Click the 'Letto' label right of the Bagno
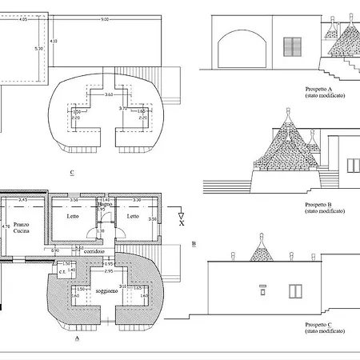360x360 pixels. (x=133, y=216)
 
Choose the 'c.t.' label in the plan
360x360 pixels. (x=62, y=271)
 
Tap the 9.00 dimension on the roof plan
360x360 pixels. (x=104, y=18)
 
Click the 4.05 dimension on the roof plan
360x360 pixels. (x=23, y=18)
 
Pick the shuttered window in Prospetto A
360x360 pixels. (x=295, y=47)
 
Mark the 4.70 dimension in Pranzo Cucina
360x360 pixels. (x=6, y=227)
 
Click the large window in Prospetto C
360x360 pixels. (x=296, y=290)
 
